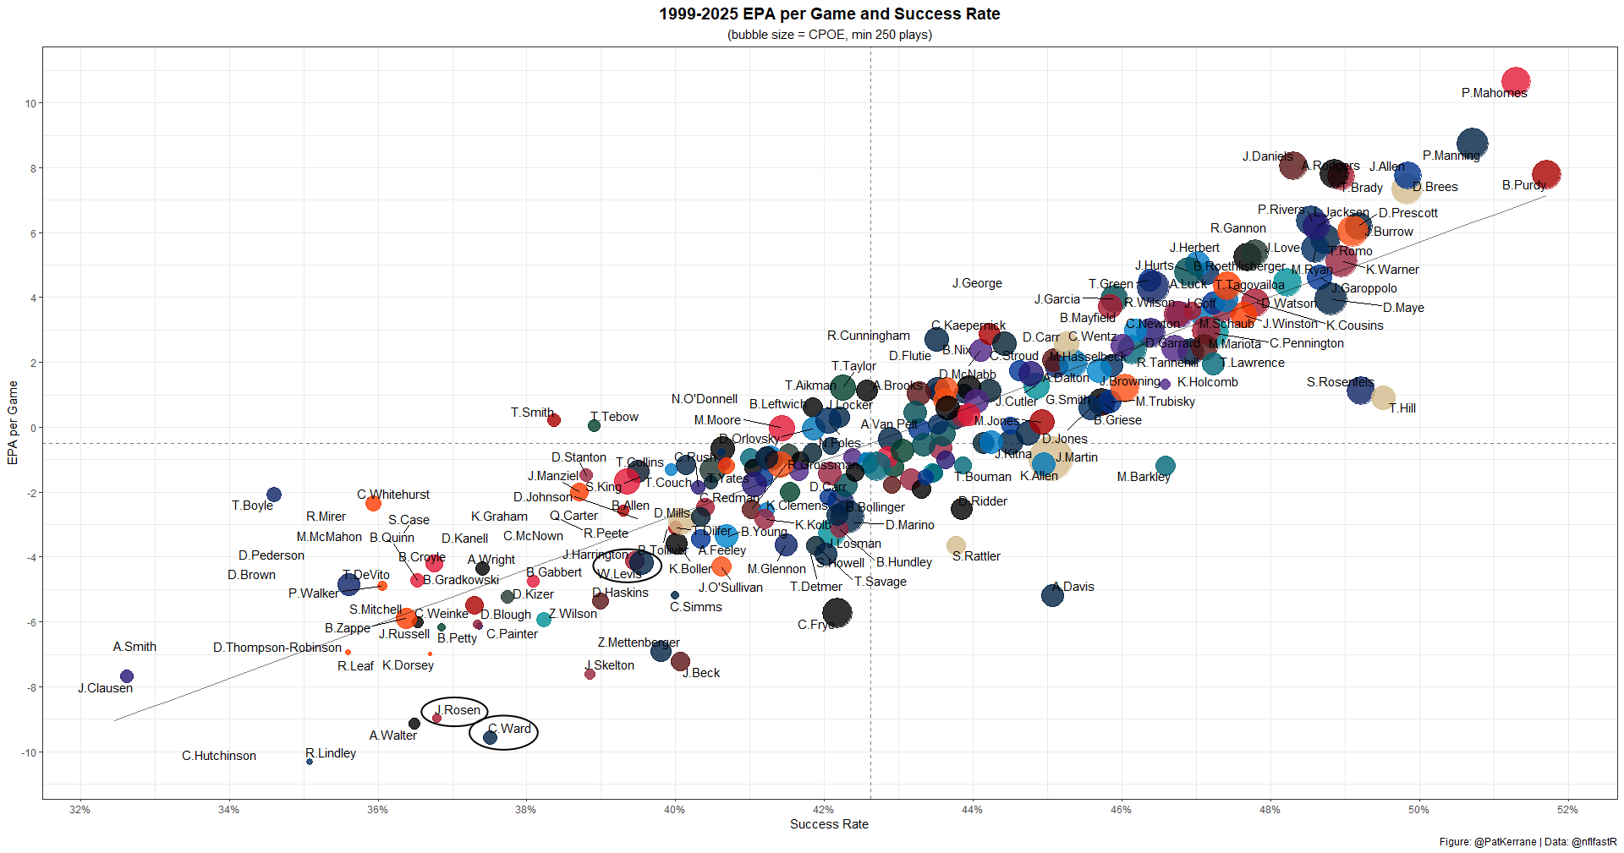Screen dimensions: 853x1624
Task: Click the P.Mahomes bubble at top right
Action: click(1515, 82)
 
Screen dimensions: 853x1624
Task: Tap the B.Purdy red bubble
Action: click(1545, 174)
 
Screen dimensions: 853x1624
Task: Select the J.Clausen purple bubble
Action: click(127, 676)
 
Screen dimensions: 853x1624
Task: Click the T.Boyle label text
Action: click(252, 506)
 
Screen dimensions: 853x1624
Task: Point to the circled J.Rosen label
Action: click(458, 710)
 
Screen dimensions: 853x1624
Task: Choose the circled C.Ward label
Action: click(510, 729)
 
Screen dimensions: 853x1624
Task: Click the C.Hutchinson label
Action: click(218, 756)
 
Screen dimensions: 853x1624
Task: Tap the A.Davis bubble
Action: click(1052, 595)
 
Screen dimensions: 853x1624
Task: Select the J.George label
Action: click(976, 283)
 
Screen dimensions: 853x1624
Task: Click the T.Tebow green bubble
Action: click(594, 425)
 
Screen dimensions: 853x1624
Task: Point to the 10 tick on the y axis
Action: click(31, 103)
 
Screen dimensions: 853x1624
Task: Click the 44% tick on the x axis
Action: click(972, 809)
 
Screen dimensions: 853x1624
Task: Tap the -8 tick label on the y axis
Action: click(31, 687)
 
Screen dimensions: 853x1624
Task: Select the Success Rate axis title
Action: click(829, 824)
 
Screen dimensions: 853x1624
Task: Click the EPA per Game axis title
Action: click(13, 423)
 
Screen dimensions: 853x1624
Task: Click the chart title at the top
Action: click(829, 14)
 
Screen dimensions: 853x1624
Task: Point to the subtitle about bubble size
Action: click(829, 35)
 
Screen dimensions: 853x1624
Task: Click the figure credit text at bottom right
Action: click(1528, 842)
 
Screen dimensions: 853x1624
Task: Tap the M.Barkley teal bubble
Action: click(1165, 466)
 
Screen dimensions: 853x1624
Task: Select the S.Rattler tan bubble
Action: click(956, 545)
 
